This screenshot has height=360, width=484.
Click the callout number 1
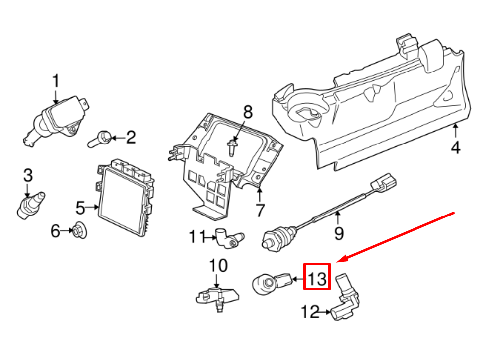tap(56, 81)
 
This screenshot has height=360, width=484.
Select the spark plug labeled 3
tap(31, 203)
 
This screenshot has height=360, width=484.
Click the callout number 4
tap(456, 147)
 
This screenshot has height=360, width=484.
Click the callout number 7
tap(260, 210)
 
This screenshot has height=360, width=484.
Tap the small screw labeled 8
tap(231, 147)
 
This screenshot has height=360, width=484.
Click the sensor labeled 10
tap(216, 295)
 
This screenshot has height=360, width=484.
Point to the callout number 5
tap(81, 207)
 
